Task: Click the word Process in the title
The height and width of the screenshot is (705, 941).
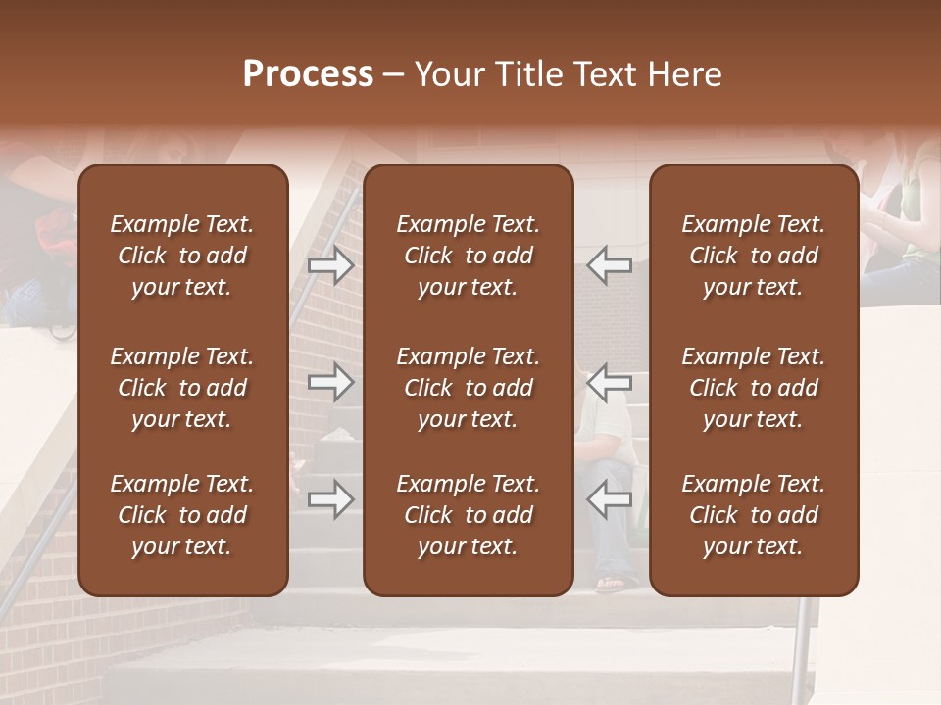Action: pyautogui.click(x=308, y=74)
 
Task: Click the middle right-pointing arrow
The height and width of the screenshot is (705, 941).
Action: pyautogui.click(x=331, y=382)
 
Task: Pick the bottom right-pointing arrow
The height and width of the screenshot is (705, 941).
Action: pyautogui.click(x=331, y=499)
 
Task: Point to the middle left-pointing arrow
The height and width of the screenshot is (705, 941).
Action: pyautogui.click(x=609, y=382)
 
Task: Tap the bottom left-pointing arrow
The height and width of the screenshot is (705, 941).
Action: pyautogui.click(x=609, y=499)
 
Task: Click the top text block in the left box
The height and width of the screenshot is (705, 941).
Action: pyautogui.click(x=182, y=256)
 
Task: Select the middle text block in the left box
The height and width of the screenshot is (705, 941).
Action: pyautogui.click(x=182, y=388)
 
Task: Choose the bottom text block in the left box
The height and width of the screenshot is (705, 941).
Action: pyautogui.click(x=182, y=515)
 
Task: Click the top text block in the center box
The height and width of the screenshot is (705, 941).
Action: pyautogui.click(x=468, y=256)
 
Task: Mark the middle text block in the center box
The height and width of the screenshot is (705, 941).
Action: pyautogui.click(x=468, y=388)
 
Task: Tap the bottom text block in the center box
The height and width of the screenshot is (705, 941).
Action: pyautogui.click(x=468, y=515)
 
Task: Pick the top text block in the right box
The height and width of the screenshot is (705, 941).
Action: pyautogui.click(x=753, y=256)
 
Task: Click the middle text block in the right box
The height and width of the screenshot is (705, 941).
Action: pyautogui.click(x=753, y=388)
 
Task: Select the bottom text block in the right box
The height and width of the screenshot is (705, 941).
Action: pyautogui.click(x=753, y=515)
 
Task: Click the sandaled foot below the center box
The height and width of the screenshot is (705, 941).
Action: pyautogui.click(x=610, y=586)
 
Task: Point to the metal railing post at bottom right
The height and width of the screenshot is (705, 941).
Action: pyautogui.click(x=801, y=651)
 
